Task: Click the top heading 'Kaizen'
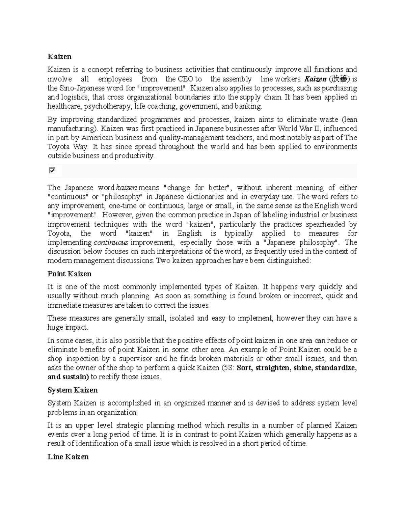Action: pos(59,56)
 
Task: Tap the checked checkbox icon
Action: pos(52,170)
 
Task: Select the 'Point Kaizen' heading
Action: pos(70,273)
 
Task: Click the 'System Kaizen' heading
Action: pos(73,390)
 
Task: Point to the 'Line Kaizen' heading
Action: pos(68,457)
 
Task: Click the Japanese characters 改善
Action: pos(339,79)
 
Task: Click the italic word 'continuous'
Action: pos(111,242)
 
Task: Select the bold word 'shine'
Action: pos(303,367)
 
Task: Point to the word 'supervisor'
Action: pos(136,358)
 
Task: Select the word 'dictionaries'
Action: pos(204,196)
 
